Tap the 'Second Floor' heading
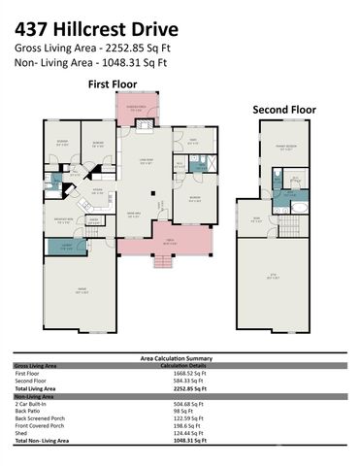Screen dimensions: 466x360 tap(284, 110)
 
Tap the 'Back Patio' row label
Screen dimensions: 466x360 tap(28, 410)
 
